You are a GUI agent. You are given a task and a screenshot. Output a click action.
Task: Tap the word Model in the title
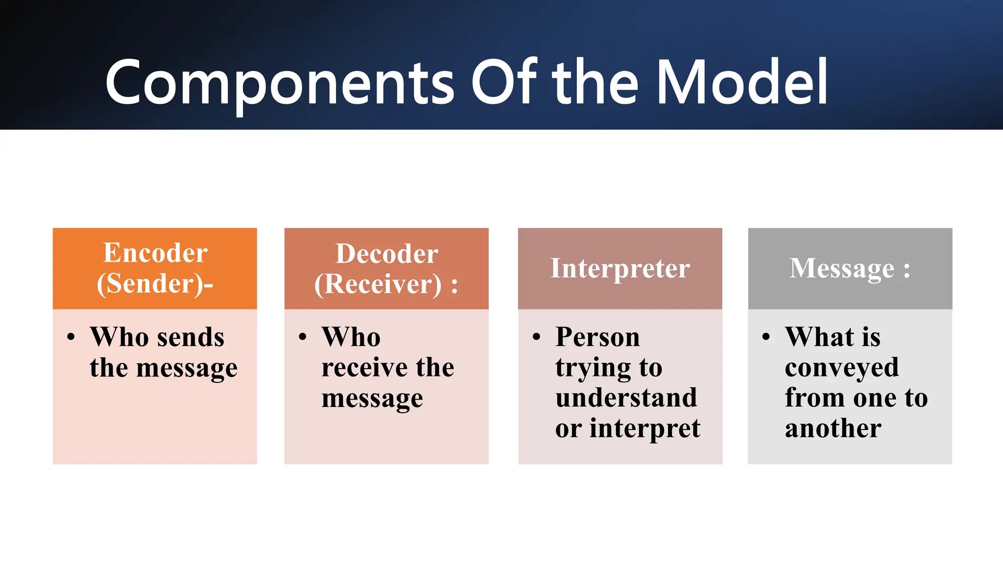coord(741,82)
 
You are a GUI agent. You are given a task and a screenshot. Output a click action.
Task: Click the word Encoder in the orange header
coord(155,253)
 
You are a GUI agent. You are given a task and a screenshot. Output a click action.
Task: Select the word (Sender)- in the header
coord(155,283)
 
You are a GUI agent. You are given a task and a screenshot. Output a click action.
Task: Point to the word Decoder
coord(386,254)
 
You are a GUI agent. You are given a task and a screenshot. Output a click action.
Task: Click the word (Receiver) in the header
coord(378,284)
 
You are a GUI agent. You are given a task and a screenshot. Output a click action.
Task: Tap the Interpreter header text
coord(620,268)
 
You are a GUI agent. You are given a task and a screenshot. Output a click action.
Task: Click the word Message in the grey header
coord(841,268)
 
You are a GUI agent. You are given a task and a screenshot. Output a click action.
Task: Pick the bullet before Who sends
coord(72,337)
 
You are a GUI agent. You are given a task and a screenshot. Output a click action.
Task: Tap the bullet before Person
coord(537,337)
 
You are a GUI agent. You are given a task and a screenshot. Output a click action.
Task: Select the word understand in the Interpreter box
coord(626,398)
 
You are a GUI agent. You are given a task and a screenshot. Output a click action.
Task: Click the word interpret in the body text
coord(645,429)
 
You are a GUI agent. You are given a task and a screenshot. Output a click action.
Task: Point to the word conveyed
coord(841,368)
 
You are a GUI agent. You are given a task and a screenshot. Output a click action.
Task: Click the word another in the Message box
coord(833,428)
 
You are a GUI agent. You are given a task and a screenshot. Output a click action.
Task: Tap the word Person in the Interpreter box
coord(597,337)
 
